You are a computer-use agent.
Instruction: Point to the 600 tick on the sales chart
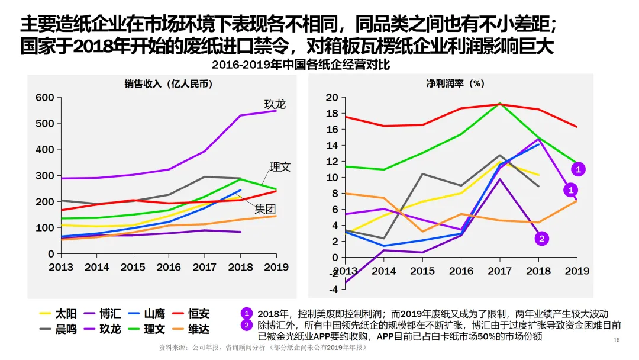pos(45,98)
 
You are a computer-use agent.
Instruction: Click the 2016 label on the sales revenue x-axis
pos(169,267)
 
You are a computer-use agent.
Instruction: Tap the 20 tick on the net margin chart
pos(332,98)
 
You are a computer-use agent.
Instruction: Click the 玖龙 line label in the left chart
pos(275,105)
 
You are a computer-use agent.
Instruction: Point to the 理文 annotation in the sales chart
pos(280,167)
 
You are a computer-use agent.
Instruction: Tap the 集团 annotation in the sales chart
pos(266,209)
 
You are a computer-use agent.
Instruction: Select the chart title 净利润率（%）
pos(455,84)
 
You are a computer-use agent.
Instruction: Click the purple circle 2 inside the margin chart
pos(541,239)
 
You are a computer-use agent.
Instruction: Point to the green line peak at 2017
pos(500,103)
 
